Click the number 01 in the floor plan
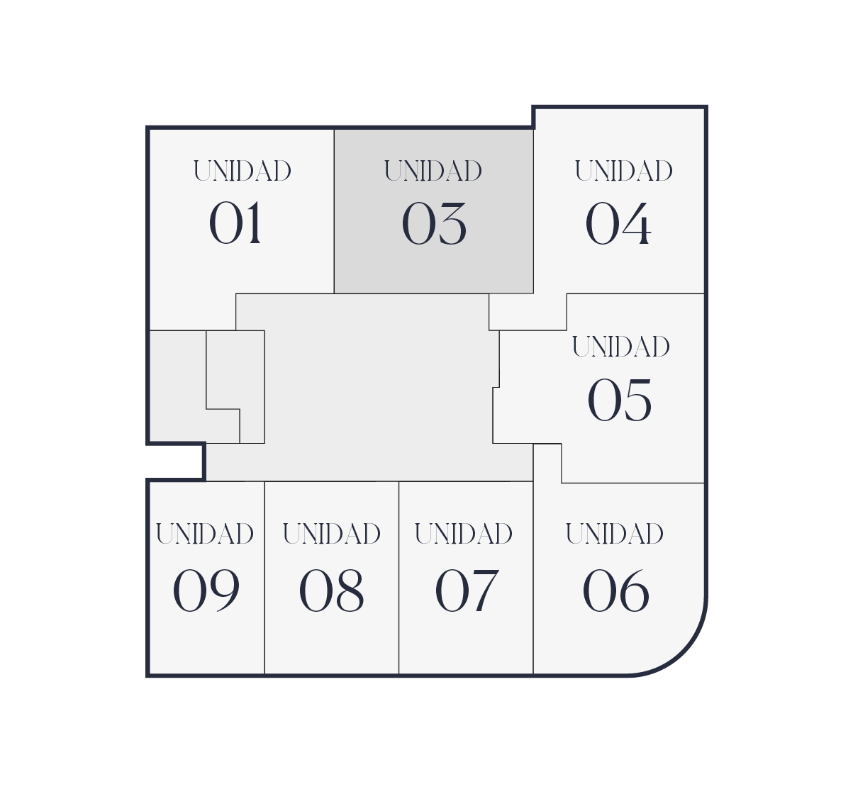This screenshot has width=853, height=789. point(235,223)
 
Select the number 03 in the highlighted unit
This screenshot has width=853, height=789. point(434,224)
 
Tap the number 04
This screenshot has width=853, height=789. point(618,224)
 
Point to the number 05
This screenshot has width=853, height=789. point(620,400)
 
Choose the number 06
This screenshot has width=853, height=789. point(615,591)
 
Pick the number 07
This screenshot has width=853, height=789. point(467,591)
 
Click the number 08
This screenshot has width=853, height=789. point(331,591)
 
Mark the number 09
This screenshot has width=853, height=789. point(206,591)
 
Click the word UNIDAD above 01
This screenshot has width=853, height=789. point(242,171)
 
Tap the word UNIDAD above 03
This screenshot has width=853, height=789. point(433,171)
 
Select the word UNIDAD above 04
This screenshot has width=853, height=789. point(624,171)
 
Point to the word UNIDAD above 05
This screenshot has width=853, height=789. point(621,347)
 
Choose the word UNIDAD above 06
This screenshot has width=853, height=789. point(615,533)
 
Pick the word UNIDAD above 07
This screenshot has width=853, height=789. point(464,533)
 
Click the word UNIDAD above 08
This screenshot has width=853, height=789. point(332,533)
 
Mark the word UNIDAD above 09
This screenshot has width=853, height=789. point(205,533)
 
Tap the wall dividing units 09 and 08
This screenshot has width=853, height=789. point(264,624)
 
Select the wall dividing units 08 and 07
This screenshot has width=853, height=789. point(398,624)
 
